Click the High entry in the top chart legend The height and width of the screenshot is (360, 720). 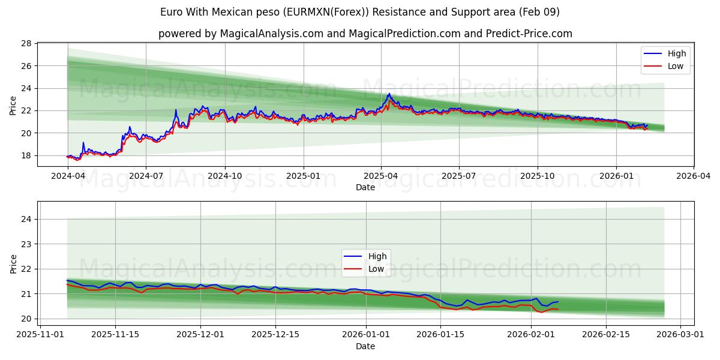(x=676, y=53)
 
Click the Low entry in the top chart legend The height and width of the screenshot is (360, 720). (x=675, y=66)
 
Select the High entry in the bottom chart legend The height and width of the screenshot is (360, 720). (x=377, y=256)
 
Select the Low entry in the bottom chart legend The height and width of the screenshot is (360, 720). (x=376, y=269)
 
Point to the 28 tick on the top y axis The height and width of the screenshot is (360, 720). (x=26, y=43)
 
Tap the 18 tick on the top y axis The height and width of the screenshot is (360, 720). (x=26, y=155)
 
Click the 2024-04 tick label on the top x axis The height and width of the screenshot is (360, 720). (x=68, y=176)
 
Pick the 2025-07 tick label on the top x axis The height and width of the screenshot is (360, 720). (x=459, y=176)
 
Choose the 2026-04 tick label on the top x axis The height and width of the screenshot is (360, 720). (x=694, y=176)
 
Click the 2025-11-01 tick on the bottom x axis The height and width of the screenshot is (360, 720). (x=41, y=335)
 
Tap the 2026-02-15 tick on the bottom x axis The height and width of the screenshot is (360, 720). (x=606, y=335)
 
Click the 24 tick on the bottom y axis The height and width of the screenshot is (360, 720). (x=26, y=220)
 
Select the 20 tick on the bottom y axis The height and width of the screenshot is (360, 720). (x=26, y=319)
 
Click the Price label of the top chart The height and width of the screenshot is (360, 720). (x=13, y=106)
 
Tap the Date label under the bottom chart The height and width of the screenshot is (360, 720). (x=365, y=346)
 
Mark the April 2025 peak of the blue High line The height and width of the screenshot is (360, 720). (x=389, y=94)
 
